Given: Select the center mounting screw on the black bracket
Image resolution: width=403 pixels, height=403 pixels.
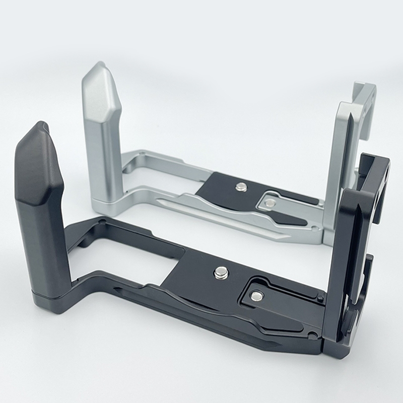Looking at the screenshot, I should point(220,273).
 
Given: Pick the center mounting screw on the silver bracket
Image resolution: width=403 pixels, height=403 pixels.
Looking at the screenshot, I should point(241,187).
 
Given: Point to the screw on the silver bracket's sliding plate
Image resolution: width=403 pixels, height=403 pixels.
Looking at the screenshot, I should point(270,203).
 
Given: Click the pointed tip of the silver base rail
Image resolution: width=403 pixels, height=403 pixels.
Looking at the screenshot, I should point(160,201).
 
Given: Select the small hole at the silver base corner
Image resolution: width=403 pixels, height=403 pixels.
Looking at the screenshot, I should point(314,228).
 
